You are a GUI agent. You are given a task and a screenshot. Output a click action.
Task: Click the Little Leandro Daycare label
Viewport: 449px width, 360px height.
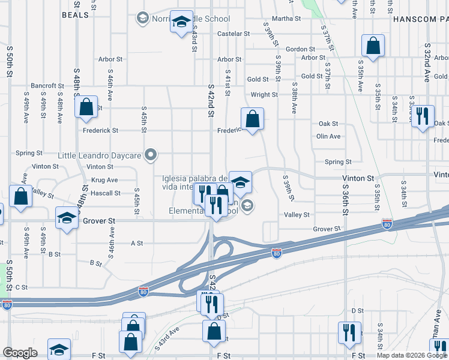click(100, 156)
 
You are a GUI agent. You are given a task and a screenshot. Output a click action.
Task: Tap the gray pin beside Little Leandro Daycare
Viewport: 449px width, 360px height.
click(151, 156)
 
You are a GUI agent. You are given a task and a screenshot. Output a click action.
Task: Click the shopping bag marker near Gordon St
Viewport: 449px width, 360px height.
click(373, 47)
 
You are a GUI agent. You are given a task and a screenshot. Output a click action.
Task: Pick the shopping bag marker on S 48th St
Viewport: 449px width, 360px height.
click(86, 107)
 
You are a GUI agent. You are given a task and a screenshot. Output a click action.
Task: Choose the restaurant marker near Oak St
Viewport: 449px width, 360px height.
click(424, 116)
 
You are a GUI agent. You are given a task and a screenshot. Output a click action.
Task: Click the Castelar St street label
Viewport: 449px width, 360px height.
click(234, 34)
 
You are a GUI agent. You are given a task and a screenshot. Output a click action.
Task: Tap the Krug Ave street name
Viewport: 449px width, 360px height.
click(104, 180)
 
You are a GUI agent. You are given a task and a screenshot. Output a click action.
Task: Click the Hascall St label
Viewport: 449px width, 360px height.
click(105, 193)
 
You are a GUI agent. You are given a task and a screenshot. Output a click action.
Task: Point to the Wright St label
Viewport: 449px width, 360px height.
click(264, 95)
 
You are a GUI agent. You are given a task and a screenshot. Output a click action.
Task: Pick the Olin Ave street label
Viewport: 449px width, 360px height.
click(328, 136)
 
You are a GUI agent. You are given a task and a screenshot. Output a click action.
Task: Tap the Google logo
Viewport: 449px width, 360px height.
click(20, 352)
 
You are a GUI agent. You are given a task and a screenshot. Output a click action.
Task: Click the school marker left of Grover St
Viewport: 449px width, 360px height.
click(67, 218)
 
